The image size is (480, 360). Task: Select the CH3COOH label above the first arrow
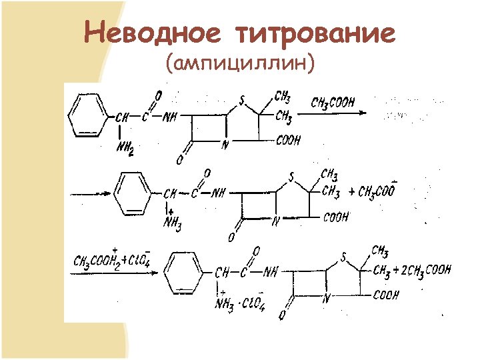[333, 103]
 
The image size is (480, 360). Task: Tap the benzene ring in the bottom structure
[188, 273]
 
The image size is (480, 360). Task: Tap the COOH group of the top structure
[287, 141]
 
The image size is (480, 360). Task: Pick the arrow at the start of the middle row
[91, 193]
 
